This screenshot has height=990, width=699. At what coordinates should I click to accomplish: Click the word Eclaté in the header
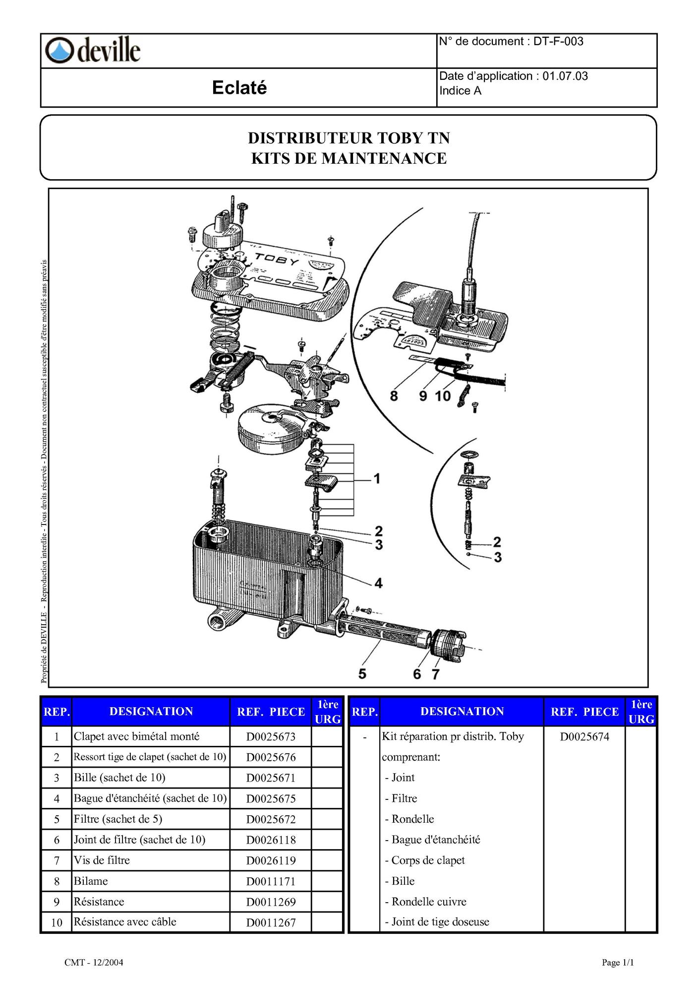[x=239, y=88]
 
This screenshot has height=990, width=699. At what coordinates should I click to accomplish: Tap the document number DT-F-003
[x=558, y=41]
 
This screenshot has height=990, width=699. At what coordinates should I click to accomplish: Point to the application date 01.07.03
[x=565, y=76]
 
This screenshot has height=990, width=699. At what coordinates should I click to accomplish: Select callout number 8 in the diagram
[x=394, y=396]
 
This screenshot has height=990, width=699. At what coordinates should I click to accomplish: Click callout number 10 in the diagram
[x=443, y=396]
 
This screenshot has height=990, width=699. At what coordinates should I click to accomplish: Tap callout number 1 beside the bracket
[x=377, y=479]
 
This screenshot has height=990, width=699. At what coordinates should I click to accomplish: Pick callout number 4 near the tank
[x=378, y=583]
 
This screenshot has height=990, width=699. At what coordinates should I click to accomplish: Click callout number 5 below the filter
[x=362, y=673]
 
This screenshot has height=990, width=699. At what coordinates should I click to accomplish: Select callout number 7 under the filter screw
[x=435, y=674]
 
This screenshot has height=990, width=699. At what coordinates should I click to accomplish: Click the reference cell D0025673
[x=271, y=737]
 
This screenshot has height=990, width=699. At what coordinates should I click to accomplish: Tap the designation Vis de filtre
[x=102, y=860]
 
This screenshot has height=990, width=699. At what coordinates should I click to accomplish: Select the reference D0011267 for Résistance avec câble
[x=271, y=923]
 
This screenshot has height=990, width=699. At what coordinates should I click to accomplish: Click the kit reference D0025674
[x=584, y=737]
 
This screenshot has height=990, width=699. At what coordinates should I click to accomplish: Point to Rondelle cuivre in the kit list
[x=429, y=902]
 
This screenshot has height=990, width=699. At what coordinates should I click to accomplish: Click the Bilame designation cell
[x=91, y=881]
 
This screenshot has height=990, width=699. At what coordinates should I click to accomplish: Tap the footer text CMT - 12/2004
[x=94, y=963]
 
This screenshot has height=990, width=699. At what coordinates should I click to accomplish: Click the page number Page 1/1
[x=618, y=963]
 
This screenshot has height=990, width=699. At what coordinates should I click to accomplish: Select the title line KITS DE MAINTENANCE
[x=349, y=158]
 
